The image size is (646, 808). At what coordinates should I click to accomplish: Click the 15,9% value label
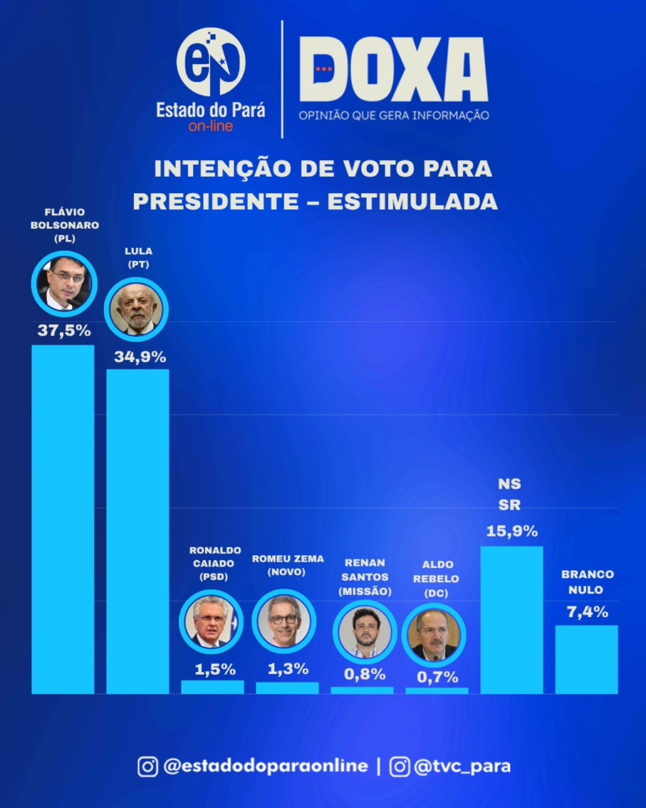[511, 531]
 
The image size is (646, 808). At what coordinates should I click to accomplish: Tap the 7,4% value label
[586, 612]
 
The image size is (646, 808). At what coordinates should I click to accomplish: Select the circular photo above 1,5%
[212, 622]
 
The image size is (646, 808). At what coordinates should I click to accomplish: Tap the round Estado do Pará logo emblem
[211, 62]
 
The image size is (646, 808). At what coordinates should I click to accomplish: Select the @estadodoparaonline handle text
[265, 765]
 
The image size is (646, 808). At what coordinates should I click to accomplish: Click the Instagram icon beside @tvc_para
[400, 766]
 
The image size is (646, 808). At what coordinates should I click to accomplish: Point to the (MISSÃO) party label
[364, 591]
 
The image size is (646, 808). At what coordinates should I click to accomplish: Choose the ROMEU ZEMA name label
[288, 559]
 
